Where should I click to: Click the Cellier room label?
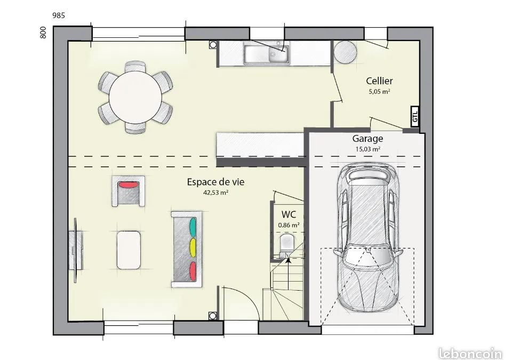[x=379, y=81]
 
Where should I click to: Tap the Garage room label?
[x=367, y=139]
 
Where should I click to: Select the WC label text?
[x=289, y=214]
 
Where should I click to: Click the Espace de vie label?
[x=215, y=182]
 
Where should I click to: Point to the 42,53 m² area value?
[x=215, y=193]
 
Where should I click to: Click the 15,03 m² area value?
[x=367, y=149]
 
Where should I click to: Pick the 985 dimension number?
[x=59, y=15]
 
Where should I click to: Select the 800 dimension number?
[x=43, y=33]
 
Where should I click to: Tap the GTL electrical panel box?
[x=415, y=117]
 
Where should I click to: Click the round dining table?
[x=135, y=98]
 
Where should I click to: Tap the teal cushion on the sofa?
[x=193, y=227]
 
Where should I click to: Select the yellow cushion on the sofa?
[x=193, y=248]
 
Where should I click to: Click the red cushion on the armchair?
[x=129, y=185]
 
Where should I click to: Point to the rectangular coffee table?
[x=129, y=250]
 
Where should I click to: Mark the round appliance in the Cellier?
[x=345, y=52]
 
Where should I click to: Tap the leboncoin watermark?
[x=470, y=353]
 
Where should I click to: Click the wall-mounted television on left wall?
[x=76, y=251]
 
